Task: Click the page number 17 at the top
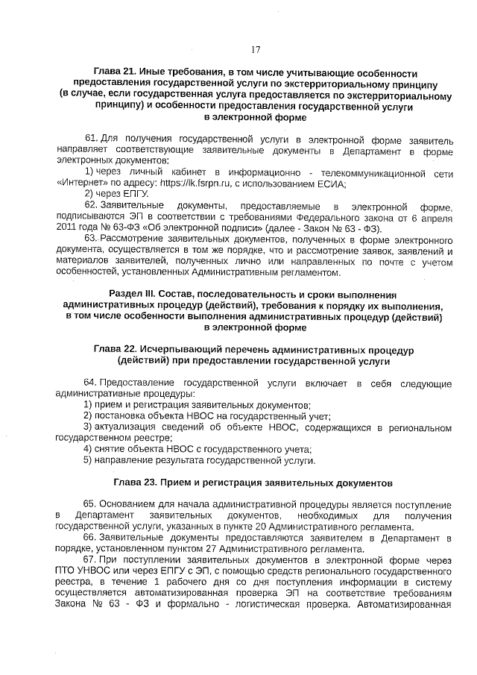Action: point(255,49)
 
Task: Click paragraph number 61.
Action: point(90,139)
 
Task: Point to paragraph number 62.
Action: point(90,205)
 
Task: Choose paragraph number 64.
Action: point(90,383)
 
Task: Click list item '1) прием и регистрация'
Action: point(142,405)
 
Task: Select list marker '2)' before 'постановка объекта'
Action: point(87,416)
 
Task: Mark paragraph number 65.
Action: point(90,505)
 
